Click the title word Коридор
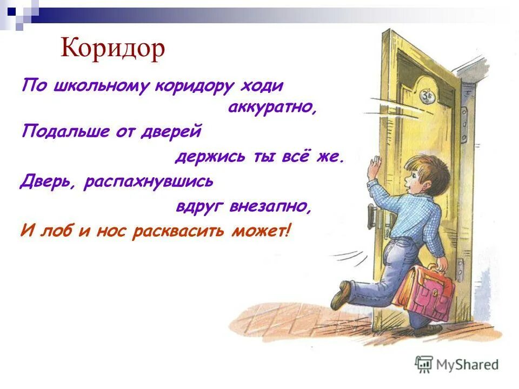tap(112, 49)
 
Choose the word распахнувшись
tap(149, 182)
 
